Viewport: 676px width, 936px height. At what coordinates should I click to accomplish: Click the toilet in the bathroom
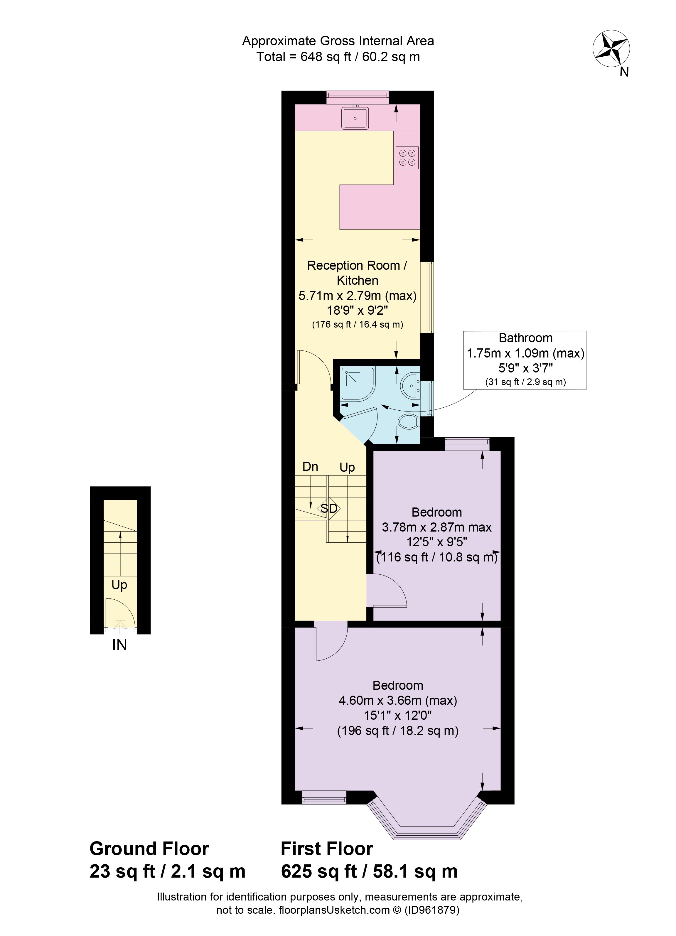pyautogui.click(x=409, y=422)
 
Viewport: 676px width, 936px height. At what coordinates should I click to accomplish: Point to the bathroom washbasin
pyautogui.click(x=410, y=385)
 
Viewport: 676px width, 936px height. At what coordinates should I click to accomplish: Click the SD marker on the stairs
pyautogui.click(x=329, y=508)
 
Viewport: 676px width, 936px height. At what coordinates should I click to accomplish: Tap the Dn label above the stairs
pyautogui.click(x=310, y=467)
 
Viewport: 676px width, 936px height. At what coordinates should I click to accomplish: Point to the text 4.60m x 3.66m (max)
pyautogui.click(x=397, y=701)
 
